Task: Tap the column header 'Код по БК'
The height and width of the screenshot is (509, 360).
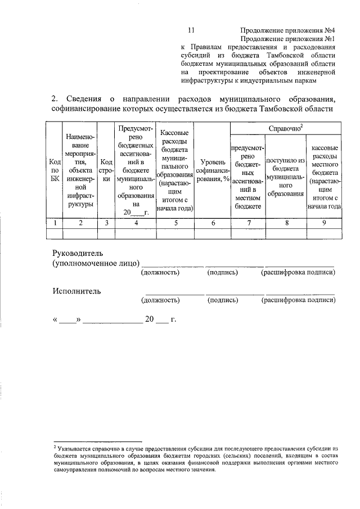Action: pyautogui.click(x=55, y=170)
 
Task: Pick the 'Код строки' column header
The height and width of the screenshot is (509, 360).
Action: pyautogui.click(x=106, y=170)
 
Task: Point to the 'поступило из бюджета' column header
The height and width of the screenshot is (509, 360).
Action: pyautogui.click(x=286, y=176)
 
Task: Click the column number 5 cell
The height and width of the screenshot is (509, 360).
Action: pyautogui.click(x=175, y=223)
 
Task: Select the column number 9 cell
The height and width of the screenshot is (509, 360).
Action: pyautogui.click(x=323, y=223)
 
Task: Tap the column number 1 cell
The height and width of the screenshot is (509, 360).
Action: pyautogui.click(x=55, y=223)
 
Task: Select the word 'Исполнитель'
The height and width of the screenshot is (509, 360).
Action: pyautogui.click(x=76, y=291)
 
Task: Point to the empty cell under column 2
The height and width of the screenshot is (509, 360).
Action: pyautogui.click(x=80, y=233)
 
